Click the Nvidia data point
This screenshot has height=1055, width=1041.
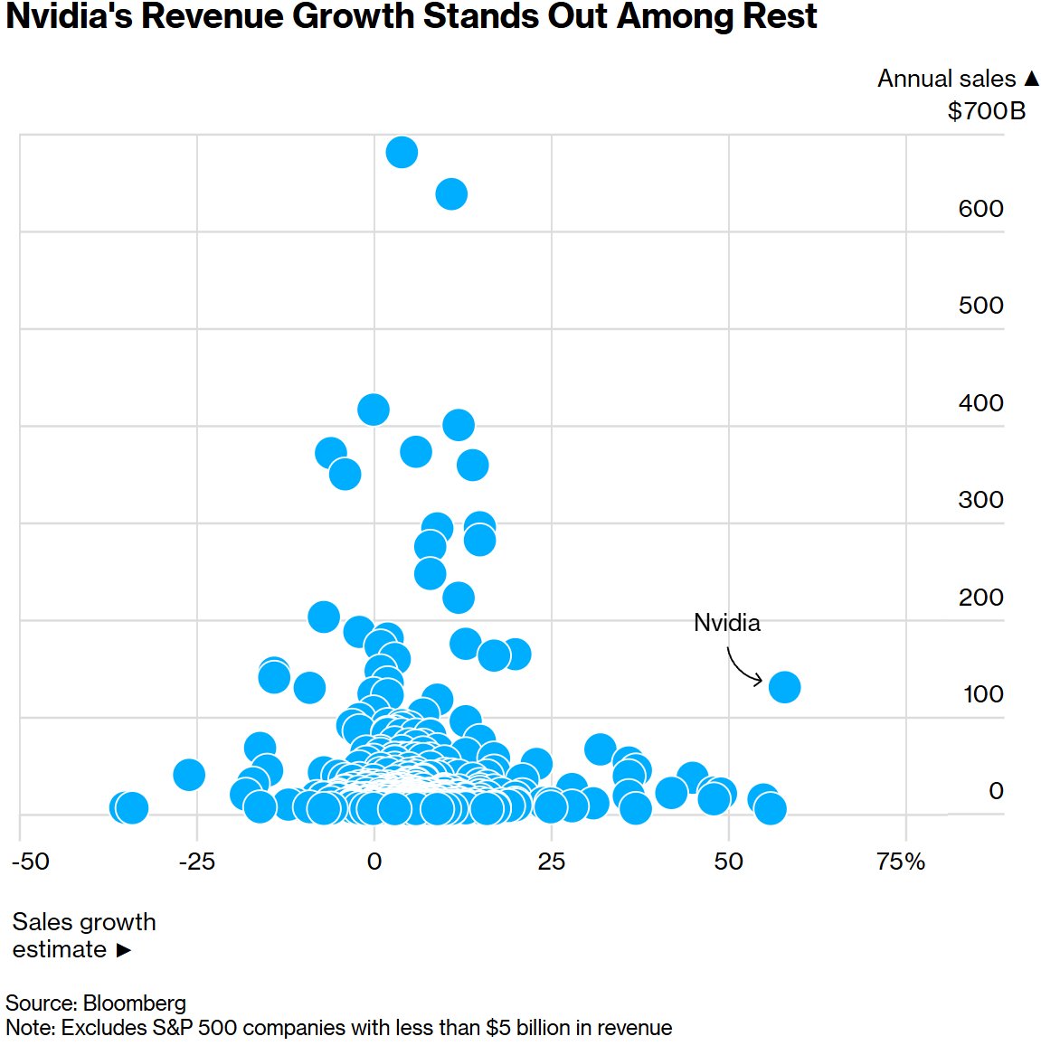click(x=784, y=687)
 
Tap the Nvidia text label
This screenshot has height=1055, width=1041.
click(x=726, y=623)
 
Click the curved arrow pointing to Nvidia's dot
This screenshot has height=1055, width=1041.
click(x=743, y=666)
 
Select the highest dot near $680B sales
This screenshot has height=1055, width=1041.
click(x=402, y=153)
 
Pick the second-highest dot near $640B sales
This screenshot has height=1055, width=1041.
click(x=451, y=194)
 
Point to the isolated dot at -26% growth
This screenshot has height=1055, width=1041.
click(x=188, y=775)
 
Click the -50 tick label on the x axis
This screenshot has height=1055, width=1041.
click(x=30, y=862)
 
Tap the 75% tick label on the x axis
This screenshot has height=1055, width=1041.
click(x=901, y=862)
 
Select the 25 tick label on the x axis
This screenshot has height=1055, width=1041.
click(x=551, y=862)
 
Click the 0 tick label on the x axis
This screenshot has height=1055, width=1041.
click(x=374, y=862)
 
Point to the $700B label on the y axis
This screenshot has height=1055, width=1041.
click(x=986, y=111)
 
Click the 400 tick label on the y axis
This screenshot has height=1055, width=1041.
click(x=980, y=403)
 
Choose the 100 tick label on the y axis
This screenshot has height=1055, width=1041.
click(x=982, y=694)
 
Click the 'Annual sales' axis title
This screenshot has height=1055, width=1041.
click(x=946, y=80)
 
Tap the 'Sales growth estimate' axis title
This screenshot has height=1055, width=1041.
click(x=83, y=936)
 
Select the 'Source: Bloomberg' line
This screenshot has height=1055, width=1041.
click(x=96, y=1003)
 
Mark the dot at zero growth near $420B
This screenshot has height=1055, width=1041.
click(x=374, y=410)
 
